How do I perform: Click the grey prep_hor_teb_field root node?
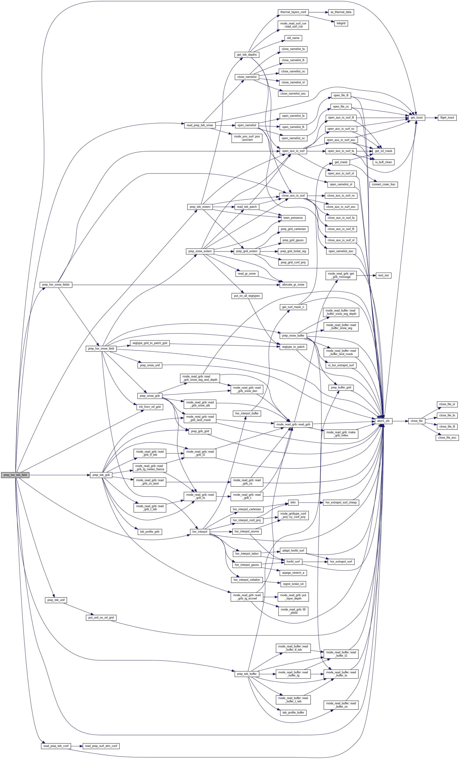tap(15, 475)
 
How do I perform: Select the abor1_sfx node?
tap(383, 421)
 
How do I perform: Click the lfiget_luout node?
tap(447, 118)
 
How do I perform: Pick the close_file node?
tap(416, 421)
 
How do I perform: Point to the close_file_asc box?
tap(447, 437)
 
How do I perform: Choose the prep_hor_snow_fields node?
tap(56, 285)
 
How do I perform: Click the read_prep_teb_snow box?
tap(200, 125)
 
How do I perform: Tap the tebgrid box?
tap(341, 24)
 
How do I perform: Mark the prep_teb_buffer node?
tap(247, 674)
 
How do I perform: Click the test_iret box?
tap(383, 275)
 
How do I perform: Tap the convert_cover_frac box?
tap(383, 184)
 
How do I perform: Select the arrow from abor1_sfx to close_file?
tap(400, 421)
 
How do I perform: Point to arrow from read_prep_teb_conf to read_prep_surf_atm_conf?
tap(77, 746)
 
